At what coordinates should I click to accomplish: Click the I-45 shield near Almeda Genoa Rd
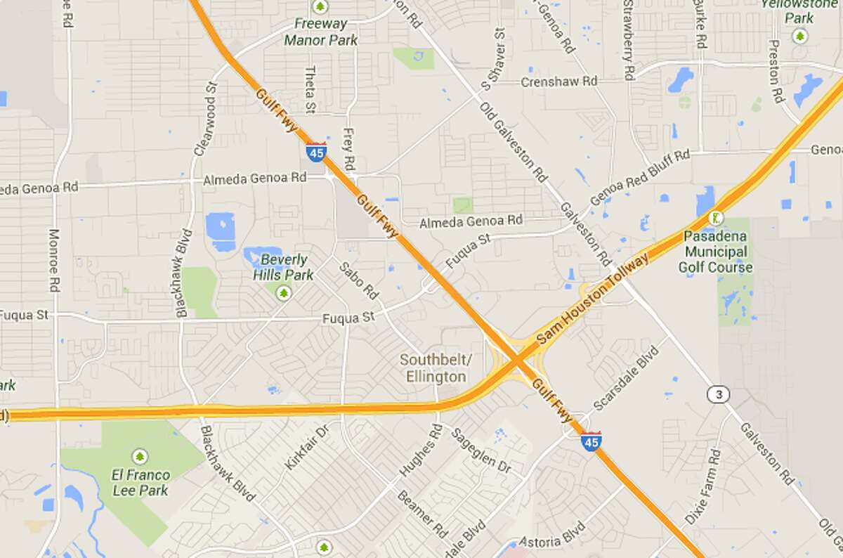tap(315, 153)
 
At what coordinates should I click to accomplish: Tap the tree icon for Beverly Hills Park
tap(284, 292)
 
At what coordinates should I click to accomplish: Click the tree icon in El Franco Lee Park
tap(140, 458)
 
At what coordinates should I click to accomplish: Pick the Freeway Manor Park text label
tap(321, 32)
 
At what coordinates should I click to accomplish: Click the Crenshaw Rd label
tap(559, 82)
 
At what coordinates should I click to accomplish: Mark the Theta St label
tap(310, 90)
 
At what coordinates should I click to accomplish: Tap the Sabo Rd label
tap(359, 280)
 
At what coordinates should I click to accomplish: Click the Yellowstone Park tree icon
tap(799, 36)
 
